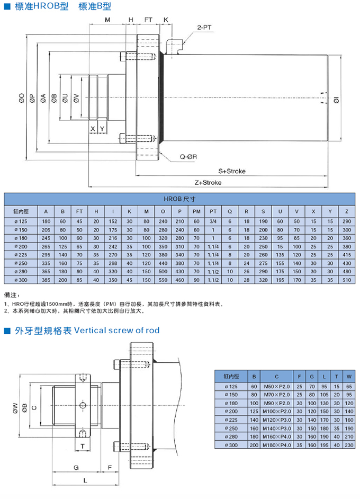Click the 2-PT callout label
click(204, 26)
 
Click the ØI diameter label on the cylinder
click(336, 99)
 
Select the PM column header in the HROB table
click(196, 211)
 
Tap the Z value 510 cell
click(346, 280)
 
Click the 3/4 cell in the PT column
click(213, 220)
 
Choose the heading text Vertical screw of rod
click(117, 331)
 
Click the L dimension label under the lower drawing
click(85, 479)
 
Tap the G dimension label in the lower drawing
click(76, 467)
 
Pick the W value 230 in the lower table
click(348, 446)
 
